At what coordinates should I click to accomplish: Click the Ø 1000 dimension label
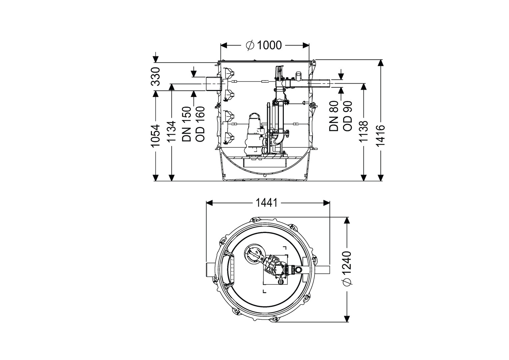(x=264, y=45)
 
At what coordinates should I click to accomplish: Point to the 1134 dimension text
(x=172, y=132)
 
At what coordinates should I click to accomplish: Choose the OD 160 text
(x=200, y=124)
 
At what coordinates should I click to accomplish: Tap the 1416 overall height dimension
(x=380, y=135)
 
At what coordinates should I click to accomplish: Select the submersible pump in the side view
(x=254, y=135)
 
